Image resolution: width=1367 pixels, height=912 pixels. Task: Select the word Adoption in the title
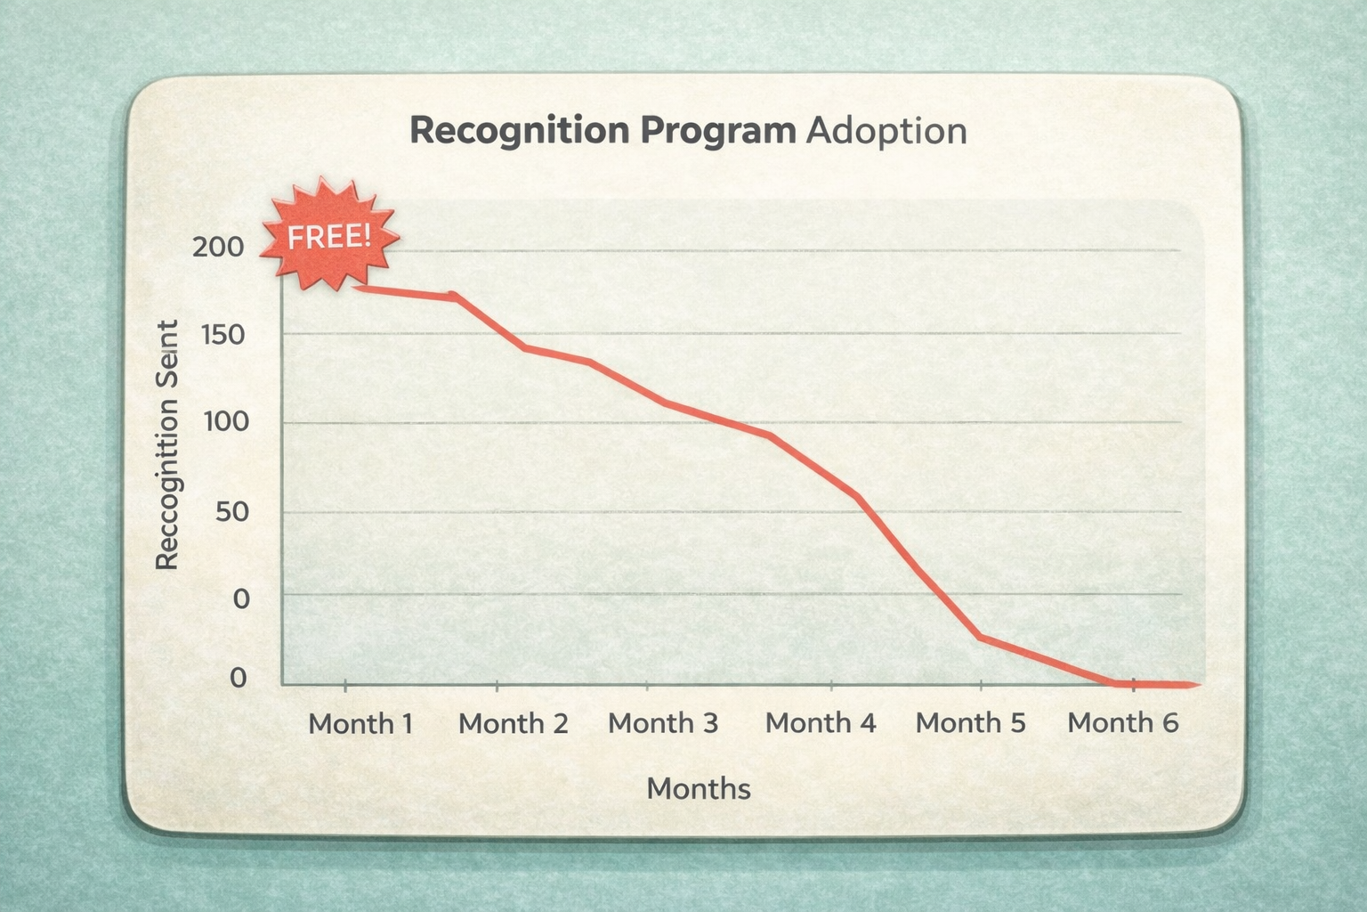(886, 130)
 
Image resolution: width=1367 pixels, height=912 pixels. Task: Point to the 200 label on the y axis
(218, 247)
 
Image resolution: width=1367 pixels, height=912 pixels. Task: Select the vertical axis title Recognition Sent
(167, 444)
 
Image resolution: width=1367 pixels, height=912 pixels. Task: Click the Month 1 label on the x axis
(360, 722)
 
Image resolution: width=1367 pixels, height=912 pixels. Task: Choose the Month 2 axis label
(513, 722)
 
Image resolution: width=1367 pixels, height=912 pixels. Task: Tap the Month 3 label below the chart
(662, 722)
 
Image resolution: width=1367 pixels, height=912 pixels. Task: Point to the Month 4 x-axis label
(821, 722)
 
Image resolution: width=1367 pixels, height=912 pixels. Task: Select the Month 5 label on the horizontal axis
(970, 722)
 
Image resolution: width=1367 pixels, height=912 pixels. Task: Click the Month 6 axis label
(1122, 722)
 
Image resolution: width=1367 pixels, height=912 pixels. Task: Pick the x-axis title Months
(699, 788)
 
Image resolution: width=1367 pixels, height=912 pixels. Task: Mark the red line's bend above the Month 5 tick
(980, 637)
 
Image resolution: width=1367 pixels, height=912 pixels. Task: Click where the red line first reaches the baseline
(1113, 683)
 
